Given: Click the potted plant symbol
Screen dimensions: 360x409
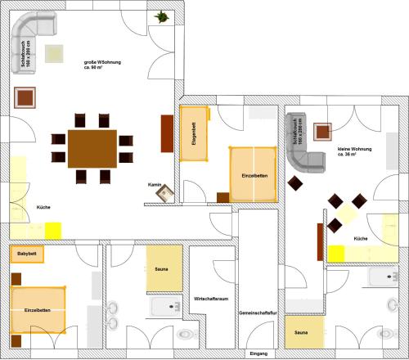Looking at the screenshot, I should [162, 16].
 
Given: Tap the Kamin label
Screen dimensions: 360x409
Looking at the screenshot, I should [153, 185].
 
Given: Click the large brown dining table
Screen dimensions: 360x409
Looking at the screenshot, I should [92, 147].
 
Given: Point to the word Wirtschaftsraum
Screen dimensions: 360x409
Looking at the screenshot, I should [211, 299].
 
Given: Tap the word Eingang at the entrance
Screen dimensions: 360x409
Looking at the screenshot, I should [258, 353].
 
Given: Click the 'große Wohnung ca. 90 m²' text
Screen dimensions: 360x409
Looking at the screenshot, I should [102, 65].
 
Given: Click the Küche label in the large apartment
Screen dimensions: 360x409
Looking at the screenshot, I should [43, 208].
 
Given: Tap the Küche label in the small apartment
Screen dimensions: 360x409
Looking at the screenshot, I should [360, 238].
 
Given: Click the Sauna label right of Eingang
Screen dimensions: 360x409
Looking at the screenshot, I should [302, 333].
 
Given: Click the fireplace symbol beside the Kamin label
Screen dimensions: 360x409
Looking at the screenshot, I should [166, 194].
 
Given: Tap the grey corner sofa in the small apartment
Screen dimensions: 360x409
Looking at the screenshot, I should [301, 147].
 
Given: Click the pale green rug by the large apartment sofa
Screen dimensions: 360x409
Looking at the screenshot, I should [56, 54].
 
